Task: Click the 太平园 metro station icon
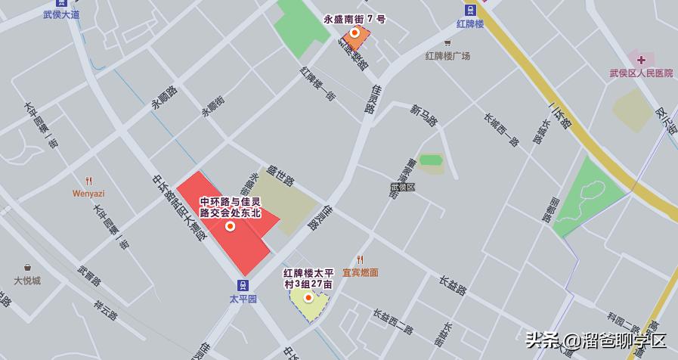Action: (x=243, y=285)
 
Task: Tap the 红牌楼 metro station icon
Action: (x=470, y=10)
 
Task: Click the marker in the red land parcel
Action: (x=230, y=225)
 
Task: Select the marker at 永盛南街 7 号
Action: (x=354, y=33)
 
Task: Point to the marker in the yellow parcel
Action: (x=308, y=297)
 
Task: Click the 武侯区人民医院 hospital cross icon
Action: (x=641, y=59)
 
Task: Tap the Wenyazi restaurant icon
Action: (x=88, y=181)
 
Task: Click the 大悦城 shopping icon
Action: (x=27, y=268)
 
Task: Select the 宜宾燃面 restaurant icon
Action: (x=360, y=260)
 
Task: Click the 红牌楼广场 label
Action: (x=447, y=55)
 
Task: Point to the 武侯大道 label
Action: (x=61, y=14)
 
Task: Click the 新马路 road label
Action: (x=424, y=115)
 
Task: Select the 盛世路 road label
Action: (x=280, y=175)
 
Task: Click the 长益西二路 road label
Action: (x=392, y=321)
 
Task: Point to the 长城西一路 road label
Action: (x=501, y=129)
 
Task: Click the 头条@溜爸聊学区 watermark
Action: (x=596, y=340)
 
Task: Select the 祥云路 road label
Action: (x=106, y=309)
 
